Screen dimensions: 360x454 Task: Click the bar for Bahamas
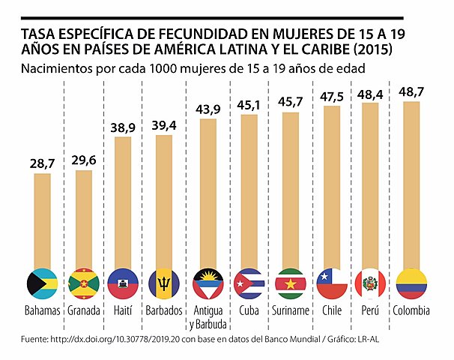pyautogui.click(x=42, y=221)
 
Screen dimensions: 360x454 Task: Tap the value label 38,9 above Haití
pyautogui.click(x=123, y=128)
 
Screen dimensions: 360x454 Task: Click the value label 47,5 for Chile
pyautogui.click(x=330, y=97)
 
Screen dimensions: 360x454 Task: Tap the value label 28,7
pyautogui.click(x=42, y=163)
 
